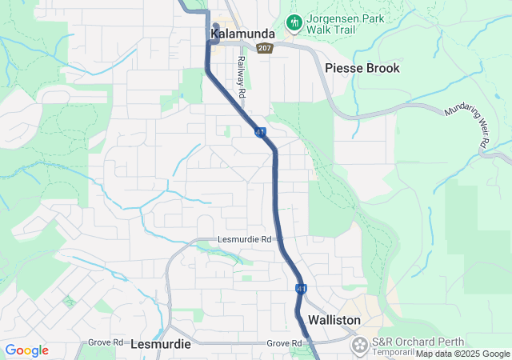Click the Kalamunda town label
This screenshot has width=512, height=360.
coord(242,34)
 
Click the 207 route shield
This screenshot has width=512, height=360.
coord(265,48)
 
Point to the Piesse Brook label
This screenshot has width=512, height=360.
coord(362,68)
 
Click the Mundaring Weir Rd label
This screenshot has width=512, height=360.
coord(467,129)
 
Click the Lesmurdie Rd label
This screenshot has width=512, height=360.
coord(246,239)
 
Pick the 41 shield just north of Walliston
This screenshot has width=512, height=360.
coord(301,287)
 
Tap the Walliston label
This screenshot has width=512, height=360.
coord(334,320)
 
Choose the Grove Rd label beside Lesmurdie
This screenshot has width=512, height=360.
coord(105,342)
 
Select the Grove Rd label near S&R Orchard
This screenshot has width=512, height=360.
coord(284,343)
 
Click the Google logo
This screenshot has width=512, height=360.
coord(26,350)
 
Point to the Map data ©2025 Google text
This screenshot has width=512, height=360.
coord(462,354)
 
